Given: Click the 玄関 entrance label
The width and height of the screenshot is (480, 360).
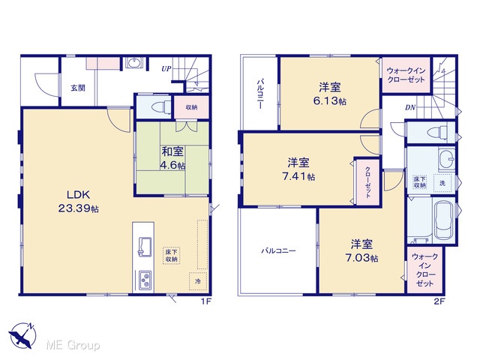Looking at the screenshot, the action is [x=78, y=88].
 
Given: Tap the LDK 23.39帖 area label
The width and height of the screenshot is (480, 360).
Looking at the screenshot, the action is [x=78, y=202].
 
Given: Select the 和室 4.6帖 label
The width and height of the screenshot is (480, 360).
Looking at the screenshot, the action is [x=172, y=158].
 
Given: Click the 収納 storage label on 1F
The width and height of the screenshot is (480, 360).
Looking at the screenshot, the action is [x=191, y=107].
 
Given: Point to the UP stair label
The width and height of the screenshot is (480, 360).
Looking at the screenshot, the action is [x=166, y=69].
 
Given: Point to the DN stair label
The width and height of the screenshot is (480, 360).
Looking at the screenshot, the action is [x=410, y=107].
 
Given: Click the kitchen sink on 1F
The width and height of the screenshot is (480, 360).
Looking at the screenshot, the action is [x=145, y=247].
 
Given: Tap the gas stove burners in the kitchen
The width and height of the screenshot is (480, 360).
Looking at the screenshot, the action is [x=145, y=280].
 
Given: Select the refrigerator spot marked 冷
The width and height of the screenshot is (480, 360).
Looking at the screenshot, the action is [x=198, y=281].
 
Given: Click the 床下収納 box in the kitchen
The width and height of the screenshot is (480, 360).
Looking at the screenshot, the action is [x=172, y=255].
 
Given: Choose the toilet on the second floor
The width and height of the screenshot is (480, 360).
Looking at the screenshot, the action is [x=437, y=133].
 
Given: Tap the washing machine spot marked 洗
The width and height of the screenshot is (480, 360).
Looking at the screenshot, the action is [x=442, y=183].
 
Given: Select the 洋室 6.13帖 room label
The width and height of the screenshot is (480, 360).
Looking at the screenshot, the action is [x=330, y=94].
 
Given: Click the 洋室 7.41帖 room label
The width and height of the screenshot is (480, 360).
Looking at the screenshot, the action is [x=298, y=169].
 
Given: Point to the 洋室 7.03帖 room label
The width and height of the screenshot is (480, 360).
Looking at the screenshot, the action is [x=361, y=250].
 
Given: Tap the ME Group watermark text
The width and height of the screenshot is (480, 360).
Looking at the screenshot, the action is [x=73, y=345].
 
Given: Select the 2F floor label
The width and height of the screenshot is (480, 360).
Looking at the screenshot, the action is [x=439, y=301].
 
